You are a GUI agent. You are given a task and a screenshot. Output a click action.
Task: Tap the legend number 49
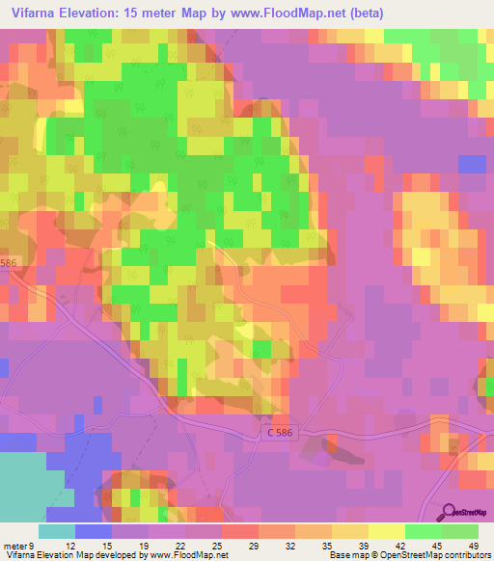tap(472, 545)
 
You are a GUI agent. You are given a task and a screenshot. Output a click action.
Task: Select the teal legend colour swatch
tap(57, 531)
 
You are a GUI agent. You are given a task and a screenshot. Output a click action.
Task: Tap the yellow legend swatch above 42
tap(387, 531)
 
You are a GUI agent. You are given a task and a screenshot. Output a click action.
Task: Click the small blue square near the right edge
tap(472, 164)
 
